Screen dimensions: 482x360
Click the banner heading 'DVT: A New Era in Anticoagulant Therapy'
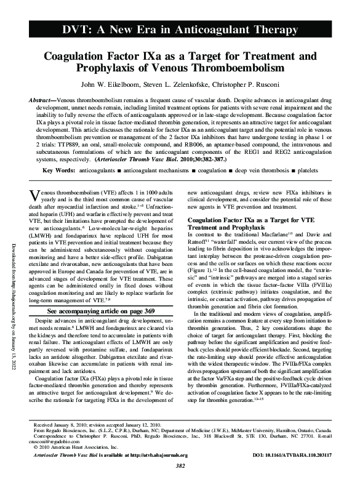click(180, 30)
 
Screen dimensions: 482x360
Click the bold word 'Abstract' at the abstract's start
click(42, 100)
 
